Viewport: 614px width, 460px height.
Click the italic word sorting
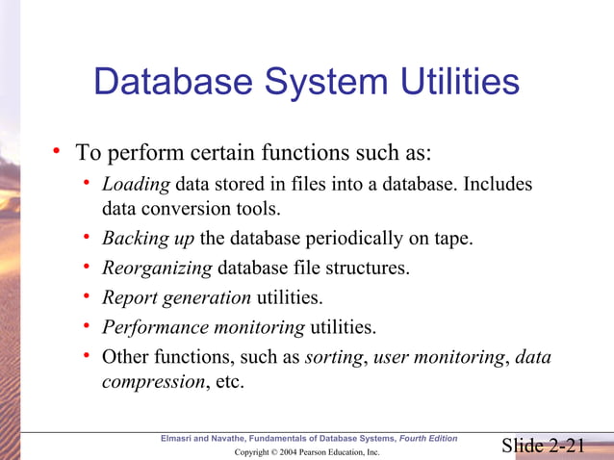click(x=333, y=357)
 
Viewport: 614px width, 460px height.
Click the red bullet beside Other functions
click(x=87, y=357)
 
